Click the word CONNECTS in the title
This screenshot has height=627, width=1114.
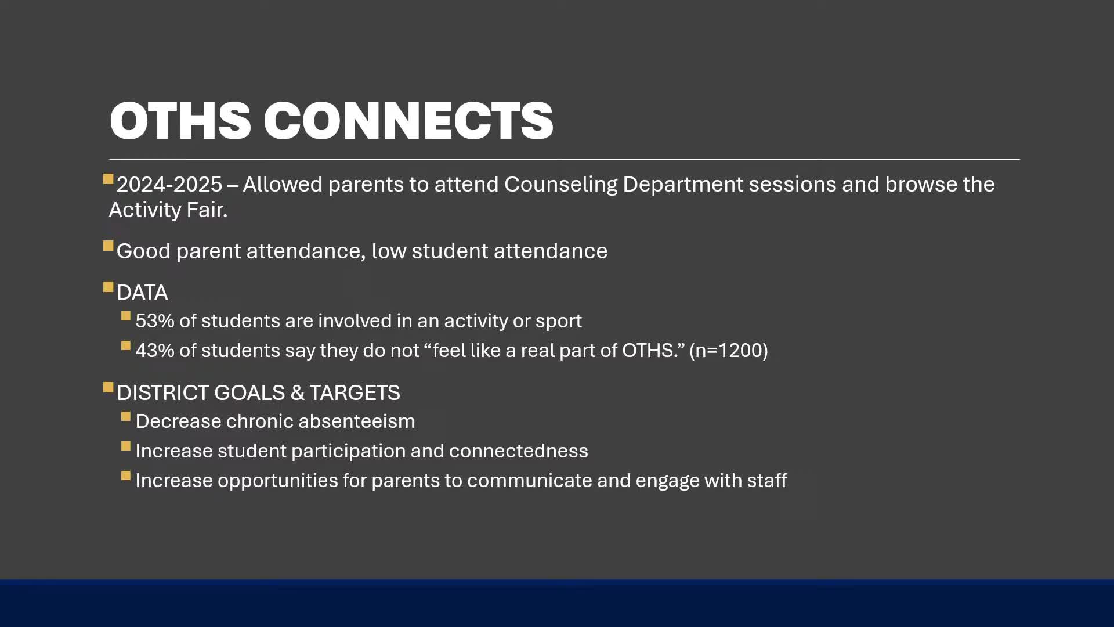click(408, 121)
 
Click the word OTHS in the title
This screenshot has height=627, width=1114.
click(180, 121)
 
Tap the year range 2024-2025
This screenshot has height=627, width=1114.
click(169, 185)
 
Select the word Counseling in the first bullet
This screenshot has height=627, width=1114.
click(560, 185)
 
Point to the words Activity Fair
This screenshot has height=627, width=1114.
click(168, 210)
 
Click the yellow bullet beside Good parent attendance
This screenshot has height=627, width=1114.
click(108, 246)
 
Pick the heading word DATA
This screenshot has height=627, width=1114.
click(142, 293)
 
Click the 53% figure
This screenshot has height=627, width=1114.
click(154, 321)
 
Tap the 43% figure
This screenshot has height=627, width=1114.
click(154, 351)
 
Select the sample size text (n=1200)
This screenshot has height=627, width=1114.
click(729, 351)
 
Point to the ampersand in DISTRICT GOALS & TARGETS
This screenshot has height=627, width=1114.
click(297, 393)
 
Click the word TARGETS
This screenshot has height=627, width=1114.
click(355, 393)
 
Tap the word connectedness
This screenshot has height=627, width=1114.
click(518, 451)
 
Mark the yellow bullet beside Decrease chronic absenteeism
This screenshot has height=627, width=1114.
click(126, 416)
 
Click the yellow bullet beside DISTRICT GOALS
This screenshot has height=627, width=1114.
click(108, 387)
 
